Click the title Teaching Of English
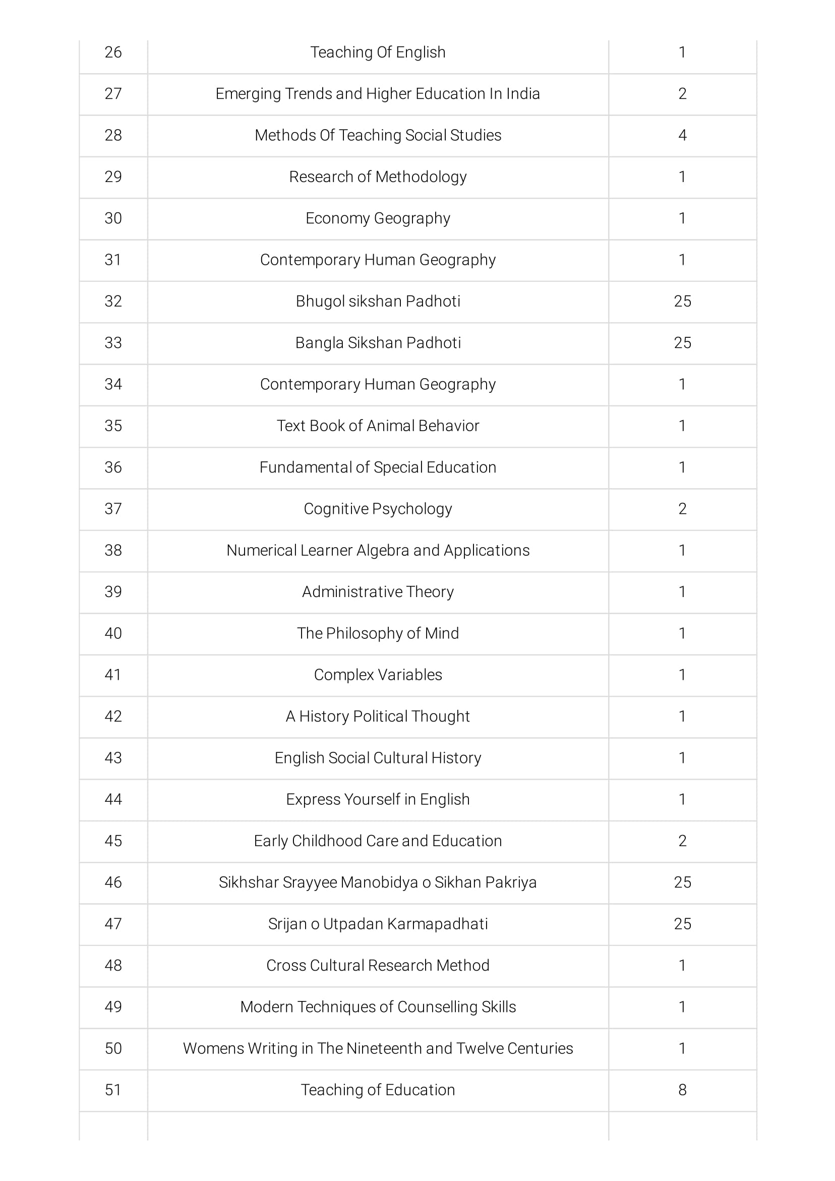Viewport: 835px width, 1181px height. (x=378, y=52)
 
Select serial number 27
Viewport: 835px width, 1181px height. (x=113, y=94)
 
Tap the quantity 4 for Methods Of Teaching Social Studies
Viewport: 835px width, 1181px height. (x=682, y=135)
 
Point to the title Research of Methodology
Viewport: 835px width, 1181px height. (x=378, y=177)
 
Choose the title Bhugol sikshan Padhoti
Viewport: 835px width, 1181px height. (x=378, y=302)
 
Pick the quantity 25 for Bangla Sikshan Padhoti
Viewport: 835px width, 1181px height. (x=682, y=343)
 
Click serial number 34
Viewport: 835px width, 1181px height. (x=113, y=384)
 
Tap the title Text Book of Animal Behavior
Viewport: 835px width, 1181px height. (x=378, y=426)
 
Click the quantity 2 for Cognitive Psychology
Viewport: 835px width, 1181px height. (x=682, y=509)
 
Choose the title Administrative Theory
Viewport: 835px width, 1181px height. (x=378, y=592)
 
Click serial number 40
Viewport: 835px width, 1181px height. (x=113, y=633)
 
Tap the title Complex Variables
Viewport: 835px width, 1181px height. (x=378, y=675)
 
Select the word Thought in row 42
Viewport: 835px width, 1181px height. (x=445, y=717)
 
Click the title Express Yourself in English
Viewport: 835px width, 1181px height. (x=378, y=799)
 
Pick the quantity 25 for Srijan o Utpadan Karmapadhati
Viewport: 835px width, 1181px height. (x=682, y=924)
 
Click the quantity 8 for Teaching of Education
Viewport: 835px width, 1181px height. (x=682, y=1089)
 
